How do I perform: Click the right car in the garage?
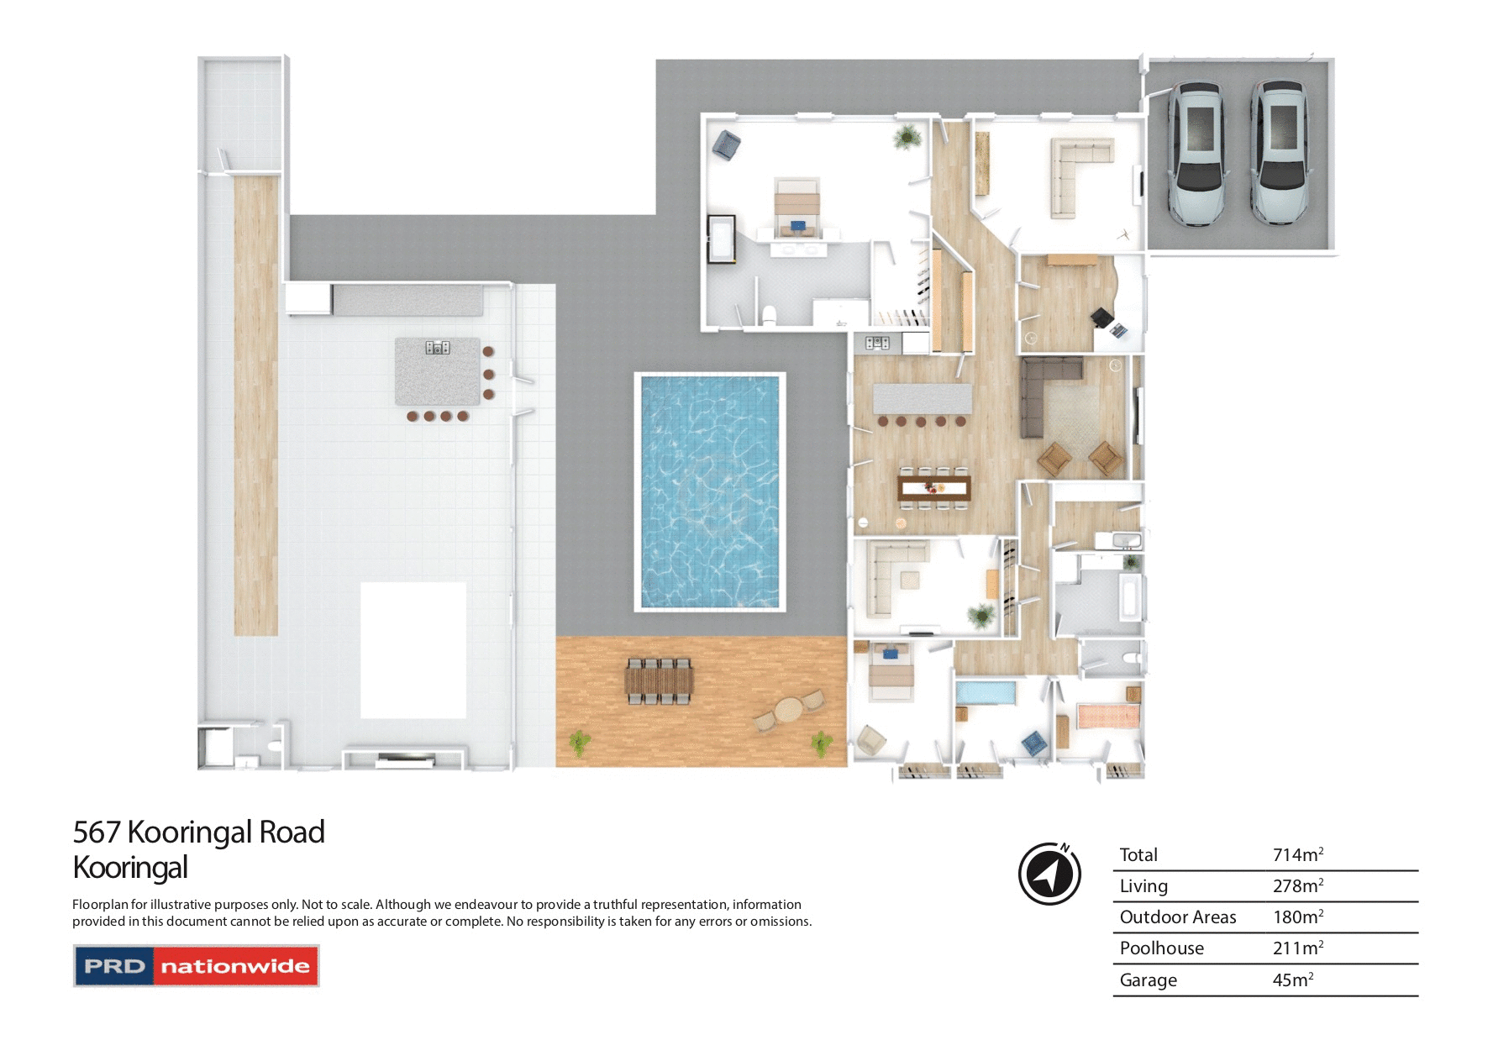point(1279,153)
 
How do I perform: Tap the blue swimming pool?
point(710,491)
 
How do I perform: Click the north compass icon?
point(1049,874)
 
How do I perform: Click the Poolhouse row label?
point(1161,948)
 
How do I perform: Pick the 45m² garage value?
point(1292,980)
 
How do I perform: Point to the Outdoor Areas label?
point(1177,917)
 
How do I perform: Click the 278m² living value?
point(1297,886)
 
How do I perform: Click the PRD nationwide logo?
point(197,966)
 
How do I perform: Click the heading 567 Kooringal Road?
point(198,832)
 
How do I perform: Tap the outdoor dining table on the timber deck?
point(659,680)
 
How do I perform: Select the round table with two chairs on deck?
point(789,711)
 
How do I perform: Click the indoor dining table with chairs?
point(933,487)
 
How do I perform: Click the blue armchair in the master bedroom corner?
point(726,144)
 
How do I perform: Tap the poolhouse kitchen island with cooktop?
point(438,371)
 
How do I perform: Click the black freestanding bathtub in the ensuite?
point(721,239)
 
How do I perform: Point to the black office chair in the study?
point(1101,318)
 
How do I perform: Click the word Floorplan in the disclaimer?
point(99,905)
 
